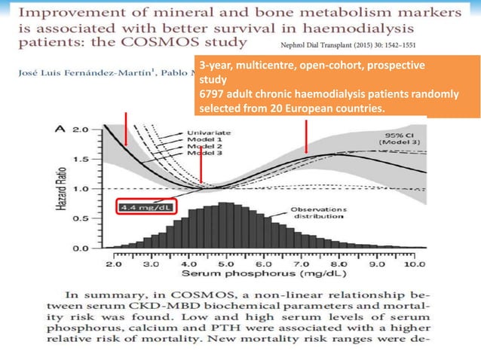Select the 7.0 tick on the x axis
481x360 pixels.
pos(302,264)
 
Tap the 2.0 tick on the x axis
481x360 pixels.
pos(115,264)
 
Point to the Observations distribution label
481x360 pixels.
pos(317,212)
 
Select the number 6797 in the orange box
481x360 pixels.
pos(213,93)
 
